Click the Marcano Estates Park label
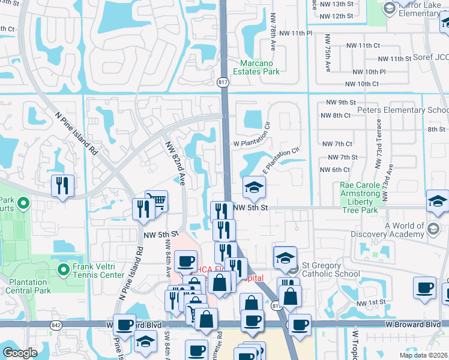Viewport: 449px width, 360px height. tap(260, 67)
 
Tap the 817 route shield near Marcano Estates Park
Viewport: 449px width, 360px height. tap(223, 81)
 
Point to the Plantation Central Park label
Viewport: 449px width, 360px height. tap(27, 286)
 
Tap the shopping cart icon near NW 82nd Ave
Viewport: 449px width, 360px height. tap(157, 201)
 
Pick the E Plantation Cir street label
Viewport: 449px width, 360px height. tap(280, 160)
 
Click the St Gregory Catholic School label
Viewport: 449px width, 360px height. tap(330, 270)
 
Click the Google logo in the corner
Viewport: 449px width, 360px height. tap(19, 352)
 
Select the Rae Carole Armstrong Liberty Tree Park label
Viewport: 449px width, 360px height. tap(360, 198)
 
